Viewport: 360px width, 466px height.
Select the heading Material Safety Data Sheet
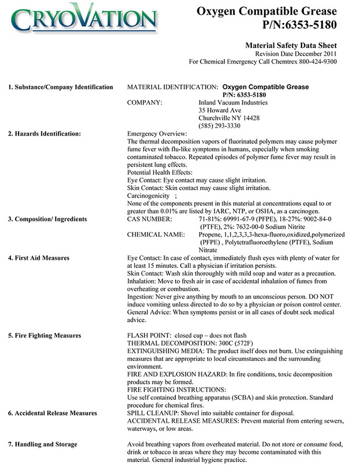click(300, 44)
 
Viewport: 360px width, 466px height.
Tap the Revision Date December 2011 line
click(304, 53)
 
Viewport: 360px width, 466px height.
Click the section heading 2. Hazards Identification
click(44, 134)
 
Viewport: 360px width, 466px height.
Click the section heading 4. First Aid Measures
click(39, 258)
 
